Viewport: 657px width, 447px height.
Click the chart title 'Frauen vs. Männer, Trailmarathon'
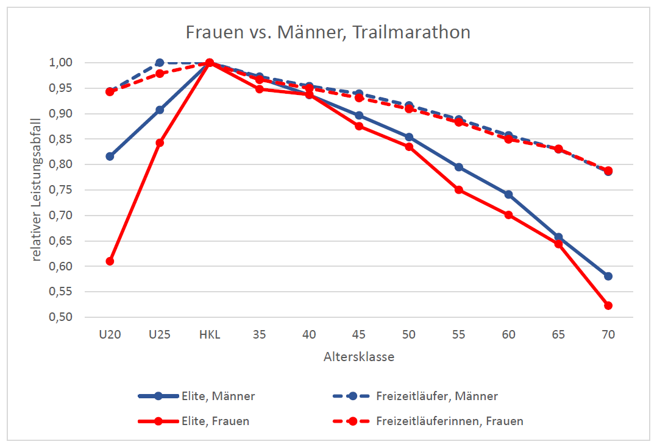(328, 32)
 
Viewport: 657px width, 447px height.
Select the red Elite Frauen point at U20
(110, 261)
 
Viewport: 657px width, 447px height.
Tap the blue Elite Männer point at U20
(110, 157)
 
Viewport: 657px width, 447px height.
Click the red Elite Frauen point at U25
(160, 143)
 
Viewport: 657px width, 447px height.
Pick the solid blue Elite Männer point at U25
(160, 110)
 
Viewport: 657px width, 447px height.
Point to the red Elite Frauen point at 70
(608, 306)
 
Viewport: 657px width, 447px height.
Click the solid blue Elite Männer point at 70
(608, 276)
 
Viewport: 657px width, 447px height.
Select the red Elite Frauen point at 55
(458, 190)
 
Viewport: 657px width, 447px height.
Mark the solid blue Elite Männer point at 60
(508, 194)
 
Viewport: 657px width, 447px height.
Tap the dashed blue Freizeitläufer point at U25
(160, 63)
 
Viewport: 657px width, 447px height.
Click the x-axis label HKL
(209, 335)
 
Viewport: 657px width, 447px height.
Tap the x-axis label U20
(110, 335)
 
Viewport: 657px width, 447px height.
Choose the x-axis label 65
(558, 335)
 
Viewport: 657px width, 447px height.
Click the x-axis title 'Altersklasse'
(358, 357)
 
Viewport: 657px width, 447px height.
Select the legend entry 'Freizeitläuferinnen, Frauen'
(449, 421)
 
